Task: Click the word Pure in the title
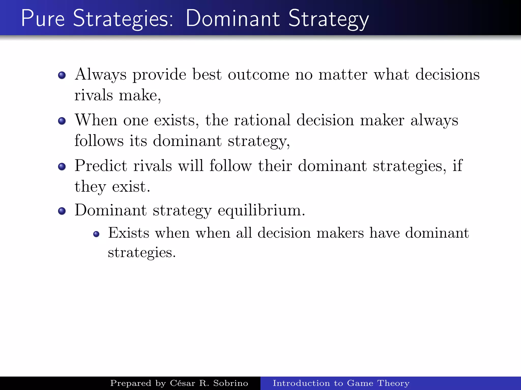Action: (x=43, y=18)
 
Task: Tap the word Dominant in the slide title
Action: (x=233, y=18)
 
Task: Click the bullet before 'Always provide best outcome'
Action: (x=62, y=75)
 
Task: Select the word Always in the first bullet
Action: (x=100, y=75)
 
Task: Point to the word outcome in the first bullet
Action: (x=258, y=75)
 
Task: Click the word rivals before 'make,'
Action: (x=94, y=95)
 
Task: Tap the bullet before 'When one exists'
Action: (x=62, y=121)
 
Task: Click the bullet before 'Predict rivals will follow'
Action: (x=62, y=167)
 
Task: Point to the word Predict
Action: (x=101, y=166)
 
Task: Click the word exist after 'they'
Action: (x=131, y=187)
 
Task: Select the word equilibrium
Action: (x=261, y=211)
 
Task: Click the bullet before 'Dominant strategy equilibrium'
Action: (x=62, y=211)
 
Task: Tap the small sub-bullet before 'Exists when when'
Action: (x=96, y=234)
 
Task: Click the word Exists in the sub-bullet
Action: (x=129, y=233)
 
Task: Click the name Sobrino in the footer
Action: (x=230, y=383)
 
